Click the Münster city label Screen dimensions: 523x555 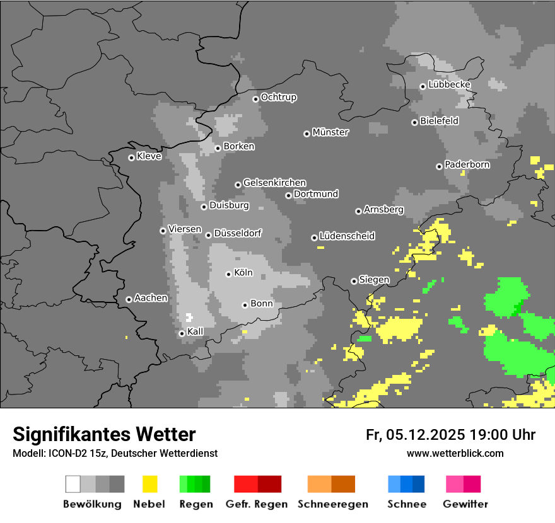[x=330, y=132]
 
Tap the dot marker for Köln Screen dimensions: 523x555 [x=228, y=274]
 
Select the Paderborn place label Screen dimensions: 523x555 [x=467, y=164]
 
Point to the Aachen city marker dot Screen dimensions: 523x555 [x=129, y=299]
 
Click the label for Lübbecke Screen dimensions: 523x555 [x=449, y=84]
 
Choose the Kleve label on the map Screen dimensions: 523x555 [x=149, y=156]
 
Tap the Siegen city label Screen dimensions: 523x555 [x=374, y=280]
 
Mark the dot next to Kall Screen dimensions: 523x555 [x=182, y=333]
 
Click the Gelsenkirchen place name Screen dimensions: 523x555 [x=274, y=183]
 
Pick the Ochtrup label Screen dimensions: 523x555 [x=279, y=97]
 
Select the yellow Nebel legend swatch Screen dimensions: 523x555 [x=150, y=484]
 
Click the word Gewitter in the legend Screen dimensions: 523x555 [x=465, y=504]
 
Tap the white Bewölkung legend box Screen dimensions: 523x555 [x=73, y=484]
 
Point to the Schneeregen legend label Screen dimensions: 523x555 [x=332, y=504]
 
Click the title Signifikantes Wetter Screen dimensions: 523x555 [x=104, y=434]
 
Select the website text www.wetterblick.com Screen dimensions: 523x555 [x=455, y=453]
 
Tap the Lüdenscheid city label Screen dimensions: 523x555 [x=347, y=236]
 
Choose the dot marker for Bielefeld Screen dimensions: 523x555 [x=414, y=122]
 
